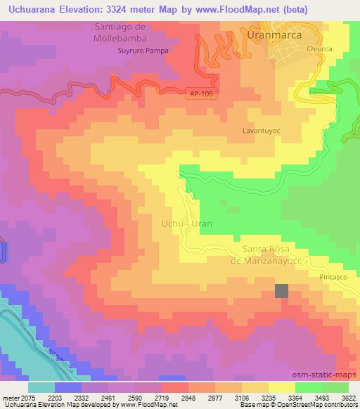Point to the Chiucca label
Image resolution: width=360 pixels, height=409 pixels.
(320, 48)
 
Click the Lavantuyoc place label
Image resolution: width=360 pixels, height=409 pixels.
(262, 131)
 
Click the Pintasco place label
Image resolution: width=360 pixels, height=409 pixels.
(335, 277)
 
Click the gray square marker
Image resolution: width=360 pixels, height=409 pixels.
(281, 291)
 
